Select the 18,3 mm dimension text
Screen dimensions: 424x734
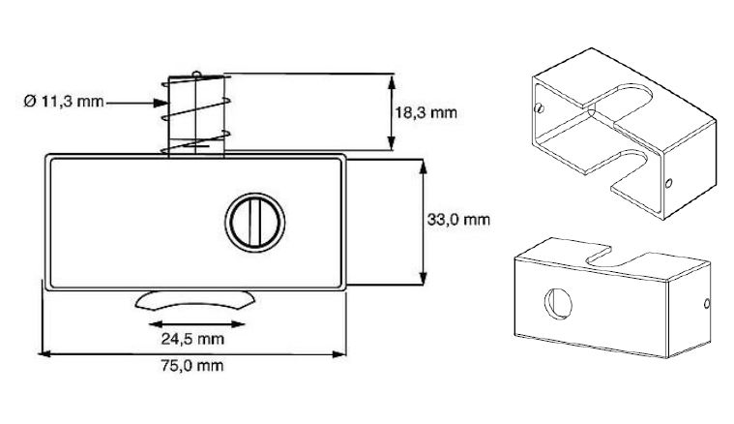(425, 112)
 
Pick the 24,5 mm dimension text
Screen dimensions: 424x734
(193, 338)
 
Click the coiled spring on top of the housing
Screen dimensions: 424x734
(195, 114)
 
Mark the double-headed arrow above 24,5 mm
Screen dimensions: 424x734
(193, 322)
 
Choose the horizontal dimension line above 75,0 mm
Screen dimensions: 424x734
(193, 353)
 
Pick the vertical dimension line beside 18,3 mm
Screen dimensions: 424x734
(392, 112)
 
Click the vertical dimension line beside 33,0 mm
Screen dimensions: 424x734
(423, 222)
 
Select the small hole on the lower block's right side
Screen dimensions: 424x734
(709, 304)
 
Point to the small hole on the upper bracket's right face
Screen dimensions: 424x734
(669, 181)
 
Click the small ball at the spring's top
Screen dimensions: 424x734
(196, 74)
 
